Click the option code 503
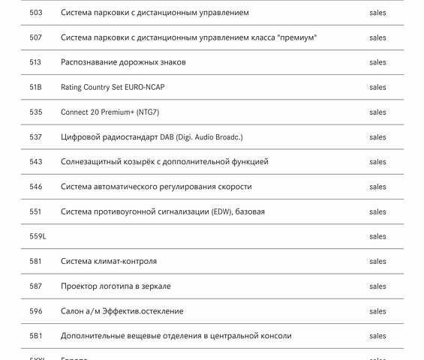[x=36, y=13]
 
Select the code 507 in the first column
[x=36, y=37]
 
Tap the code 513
[x=36, y=62]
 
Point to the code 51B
[x=36, y=87]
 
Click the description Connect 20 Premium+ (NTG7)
[x=110, y=112]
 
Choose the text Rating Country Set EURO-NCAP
[x=113, y=87]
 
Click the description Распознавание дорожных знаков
[x=123, y=62]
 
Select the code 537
[x=36, y=137]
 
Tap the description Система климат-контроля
[x=109, y=262]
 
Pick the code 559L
[x=38, y=236]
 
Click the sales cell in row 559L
[x=377, y=236]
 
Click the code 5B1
[x=36, y=336]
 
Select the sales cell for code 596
[x=377, y=311]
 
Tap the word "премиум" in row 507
[x=296, y=37]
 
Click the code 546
[x=36, y=187]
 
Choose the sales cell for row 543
[x=377, y=162]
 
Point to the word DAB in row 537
[x=167, y=137]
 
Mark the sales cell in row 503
[x=377, y=13]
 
